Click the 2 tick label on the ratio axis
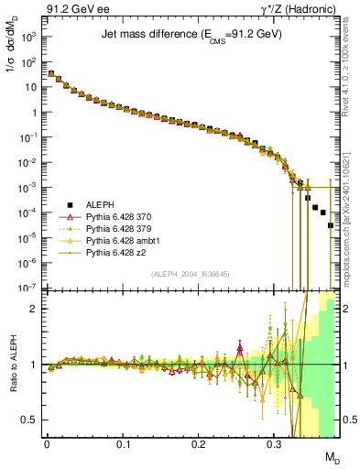33,309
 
